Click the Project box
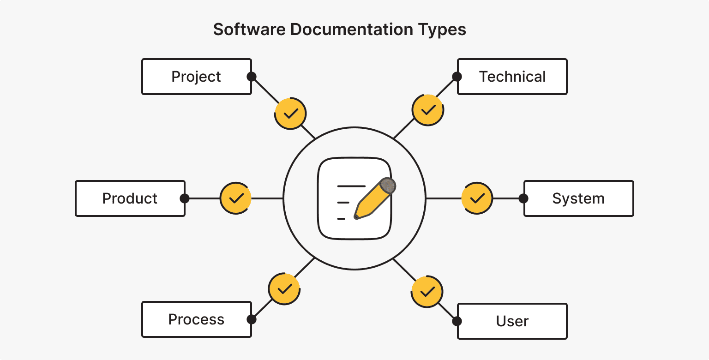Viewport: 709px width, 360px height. click(x=196, y=77)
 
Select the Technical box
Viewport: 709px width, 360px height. click(x=512, y=77)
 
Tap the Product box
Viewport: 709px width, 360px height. click(x=130, y=198)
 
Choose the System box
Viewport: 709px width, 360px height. click(x=578, y=198)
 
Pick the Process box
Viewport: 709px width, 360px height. click(x=196, y=319)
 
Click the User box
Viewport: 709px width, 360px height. click(x=512, y=321)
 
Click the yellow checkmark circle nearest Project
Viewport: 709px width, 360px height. click(x=290, y=114)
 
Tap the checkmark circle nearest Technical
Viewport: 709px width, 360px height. click(x=428, y=110)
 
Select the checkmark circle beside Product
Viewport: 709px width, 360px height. click(x=236, y=198)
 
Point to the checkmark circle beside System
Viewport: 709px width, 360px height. click(x=477, y=198)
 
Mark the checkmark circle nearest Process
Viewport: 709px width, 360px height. click(x=284, y=289)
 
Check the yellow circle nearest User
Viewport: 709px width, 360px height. click(x=427, y=292)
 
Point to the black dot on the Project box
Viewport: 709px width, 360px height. click(x=251, y=77)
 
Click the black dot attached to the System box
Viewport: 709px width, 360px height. click(x=523, y=198)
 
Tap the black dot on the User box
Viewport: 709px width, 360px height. click(x=457, y=321)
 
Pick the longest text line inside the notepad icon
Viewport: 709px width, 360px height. click(x=351, y=186)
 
